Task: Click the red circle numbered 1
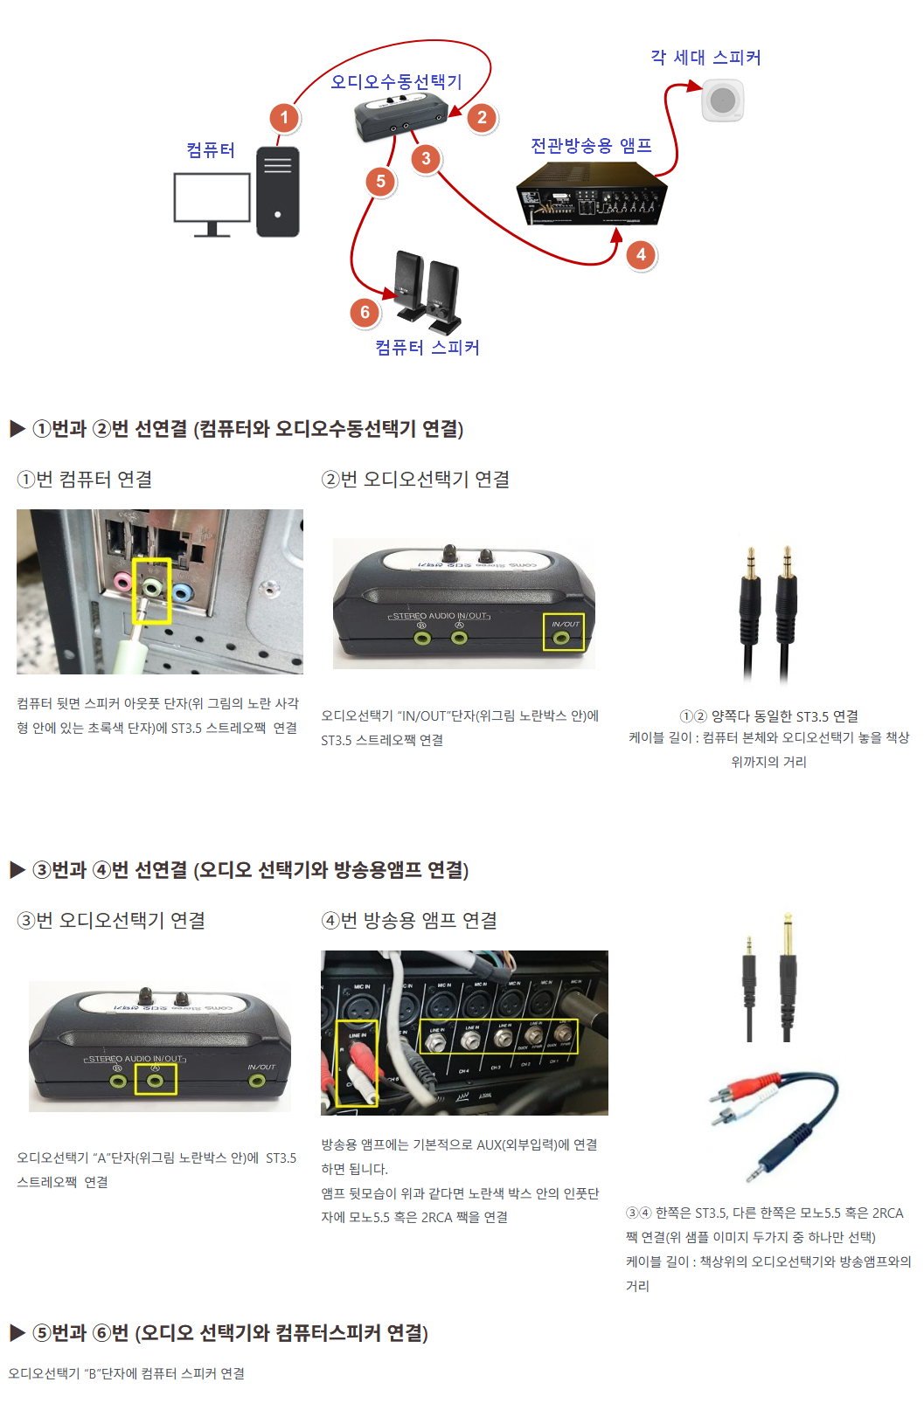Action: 284,118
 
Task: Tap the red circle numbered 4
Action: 641,254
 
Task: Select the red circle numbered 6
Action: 365,312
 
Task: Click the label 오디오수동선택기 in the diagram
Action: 396,81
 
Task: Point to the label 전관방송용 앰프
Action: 592,145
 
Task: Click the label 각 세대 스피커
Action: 705,58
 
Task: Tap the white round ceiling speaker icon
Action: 723,100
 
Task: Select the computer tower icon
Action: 278,191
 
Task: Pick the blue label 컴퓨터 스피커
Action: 427,347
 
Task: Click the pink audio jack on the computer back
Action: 124,581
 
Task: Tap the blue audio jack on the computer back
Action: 182,592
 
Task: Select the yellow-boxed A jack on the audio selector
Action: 156,1081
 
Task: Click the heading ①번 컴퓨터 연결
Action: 85,479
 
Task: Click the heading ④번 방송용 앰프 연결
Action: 409,920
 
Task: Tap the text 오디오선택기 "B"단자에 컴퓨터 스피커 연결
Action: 127,1373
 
